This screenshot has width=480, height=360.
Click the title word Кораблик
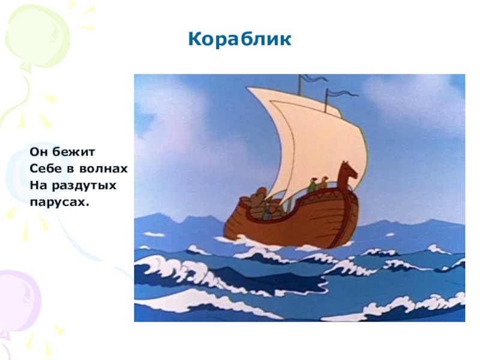239,40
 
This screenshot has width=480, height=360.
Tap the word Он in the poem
38,152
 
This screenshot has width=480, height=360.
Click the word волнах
103,169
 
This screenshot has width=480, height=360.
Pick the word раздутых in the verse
84,186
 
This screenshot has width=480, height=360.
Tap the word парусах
59,202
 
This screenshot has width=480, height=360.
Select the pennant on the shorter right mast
343,93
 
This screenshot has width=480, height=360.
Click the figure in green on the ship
313,185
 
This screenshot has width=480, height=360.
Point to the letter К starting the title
194,40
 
